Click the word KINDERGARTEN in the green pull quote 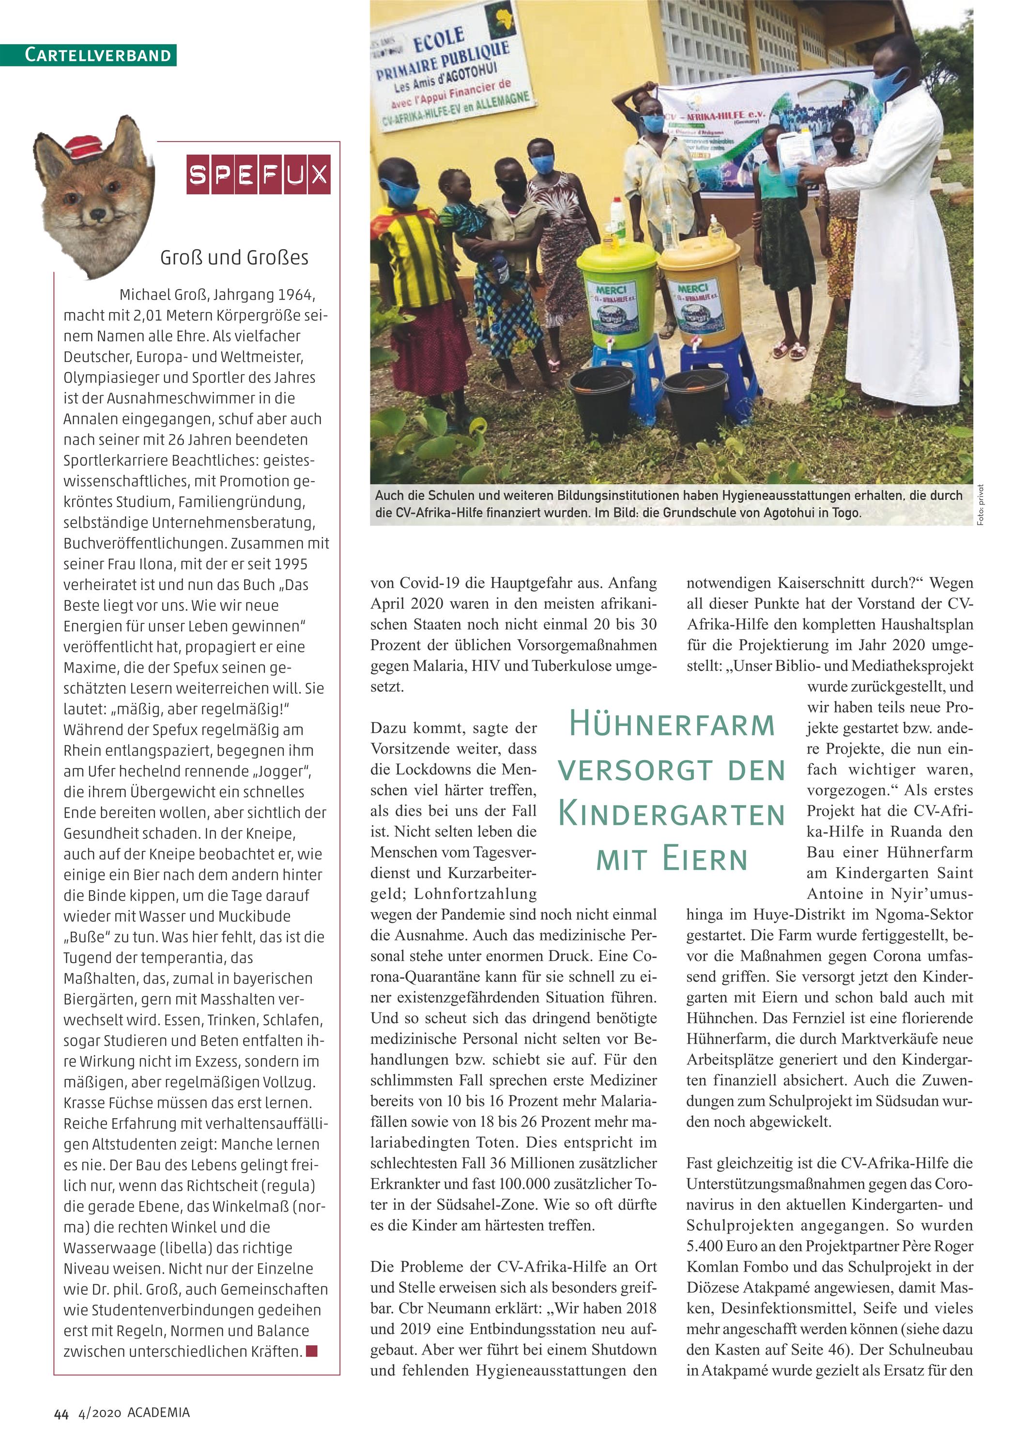(672, 814)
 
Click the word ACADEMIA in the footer (158, 1412)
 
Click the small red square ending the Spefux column (311, 1351)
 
